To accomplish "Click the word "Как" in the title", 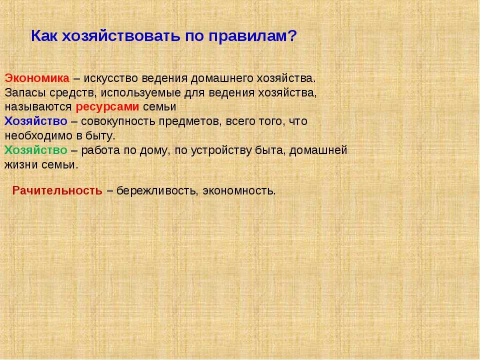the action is [44, 36].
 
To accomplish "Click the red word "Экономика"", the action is [37, 78].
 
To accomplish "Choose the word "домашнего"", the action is [222, 79].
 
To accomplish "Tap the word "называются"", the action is [38, 107].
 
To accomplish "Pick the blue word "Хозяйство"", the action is [36, 121].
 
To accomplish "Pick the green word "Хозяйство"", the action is [36, 150].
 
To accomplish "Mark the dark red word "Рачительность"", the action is [57, 190].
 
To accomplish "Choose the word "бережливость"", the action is [156, 191].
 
